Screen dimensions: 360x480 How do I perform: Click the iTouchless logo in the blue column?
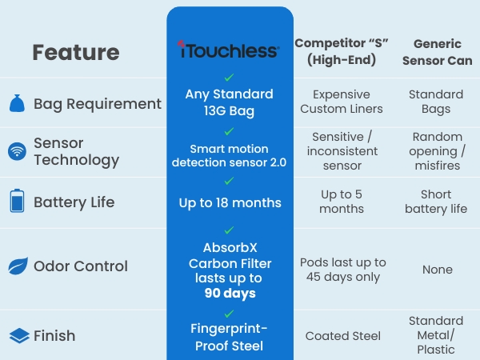[x=230, y=51]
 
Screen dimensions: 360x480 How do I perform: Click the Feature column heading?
[x=76, y=53]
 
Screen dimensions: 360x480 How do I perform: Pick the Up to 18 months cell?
[x=230, y=202]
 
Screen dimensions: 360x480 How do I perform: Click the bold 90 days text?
[x=230, y=293]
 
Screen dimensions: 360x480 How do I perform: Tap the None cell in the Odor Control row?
[x=437, y=270]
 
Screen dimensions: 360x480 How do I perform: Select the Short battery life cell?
[x=437, y=202]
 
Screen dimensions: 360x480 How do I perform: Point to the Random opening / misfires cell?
[x=437, y=151]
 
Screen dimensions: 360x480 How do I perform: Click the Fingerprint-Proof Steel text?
[x=230, y=336]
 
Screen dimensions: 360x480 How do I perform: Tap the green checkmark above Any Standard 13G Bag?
[x=230, y=78]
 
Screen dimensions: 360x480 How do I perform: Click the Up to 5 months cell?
[x=342, y=202]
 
